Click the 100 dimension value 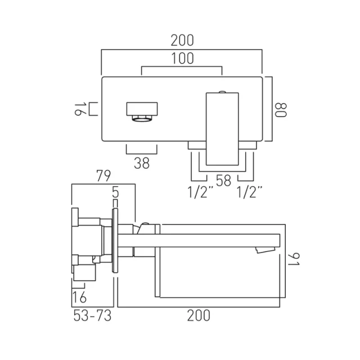[182, 57]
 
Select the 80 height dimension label [281, 108]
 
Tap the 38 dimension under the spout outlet [142, 163]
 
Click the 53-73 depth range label [92, 316]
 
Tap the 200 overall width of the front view [182, 40]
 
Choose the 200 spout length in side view [198, 316]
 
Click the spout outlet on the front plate [142, 111]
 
